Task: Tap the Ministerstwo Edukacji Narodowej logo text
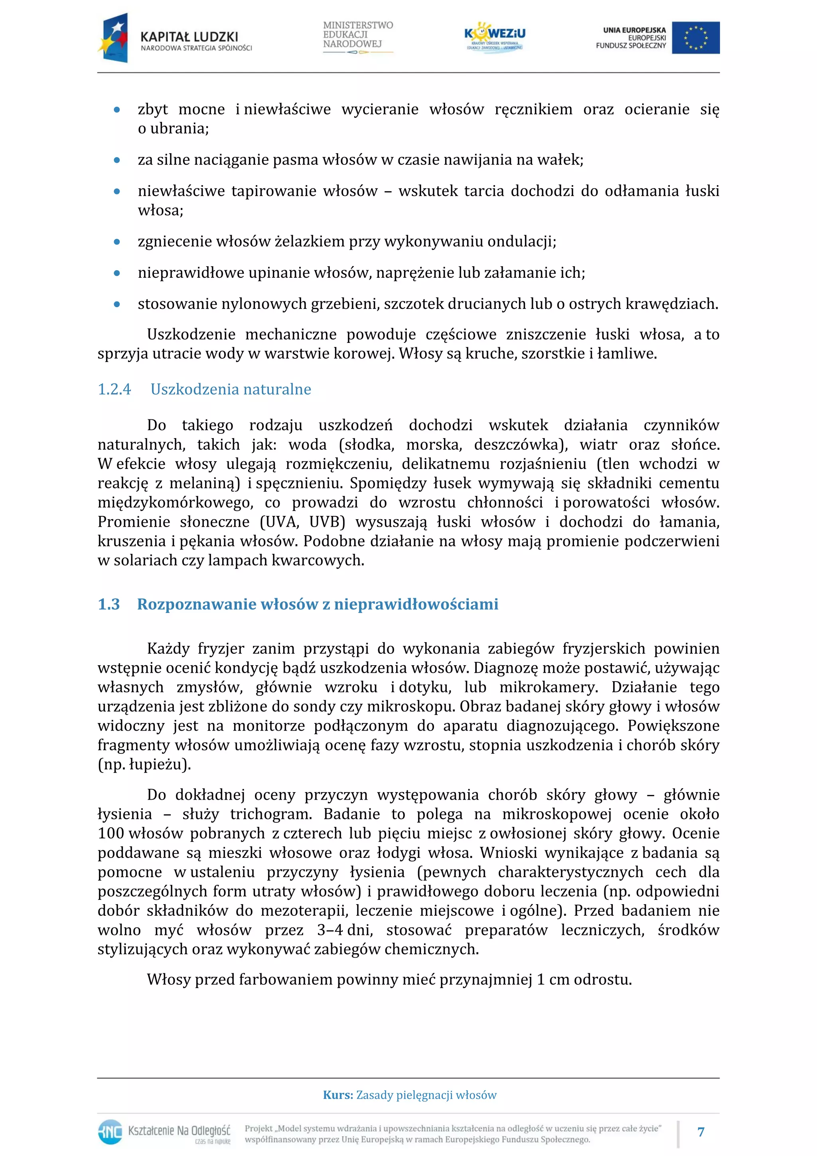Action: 357,35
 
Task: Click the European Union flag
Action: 695,38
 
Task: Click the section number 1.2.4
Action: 114,389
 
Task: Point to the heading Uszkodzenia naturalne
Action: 231,389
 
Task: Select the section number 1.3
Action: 109,604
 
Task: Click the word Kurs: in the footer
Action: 338,1095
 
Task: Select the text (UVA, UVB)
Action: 302,522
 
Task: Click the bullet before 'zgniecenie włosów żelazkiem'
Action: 117,242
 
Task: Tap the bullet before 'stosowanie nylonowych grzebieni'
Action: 117,304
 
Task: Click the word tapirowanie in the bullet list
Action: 274,191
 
